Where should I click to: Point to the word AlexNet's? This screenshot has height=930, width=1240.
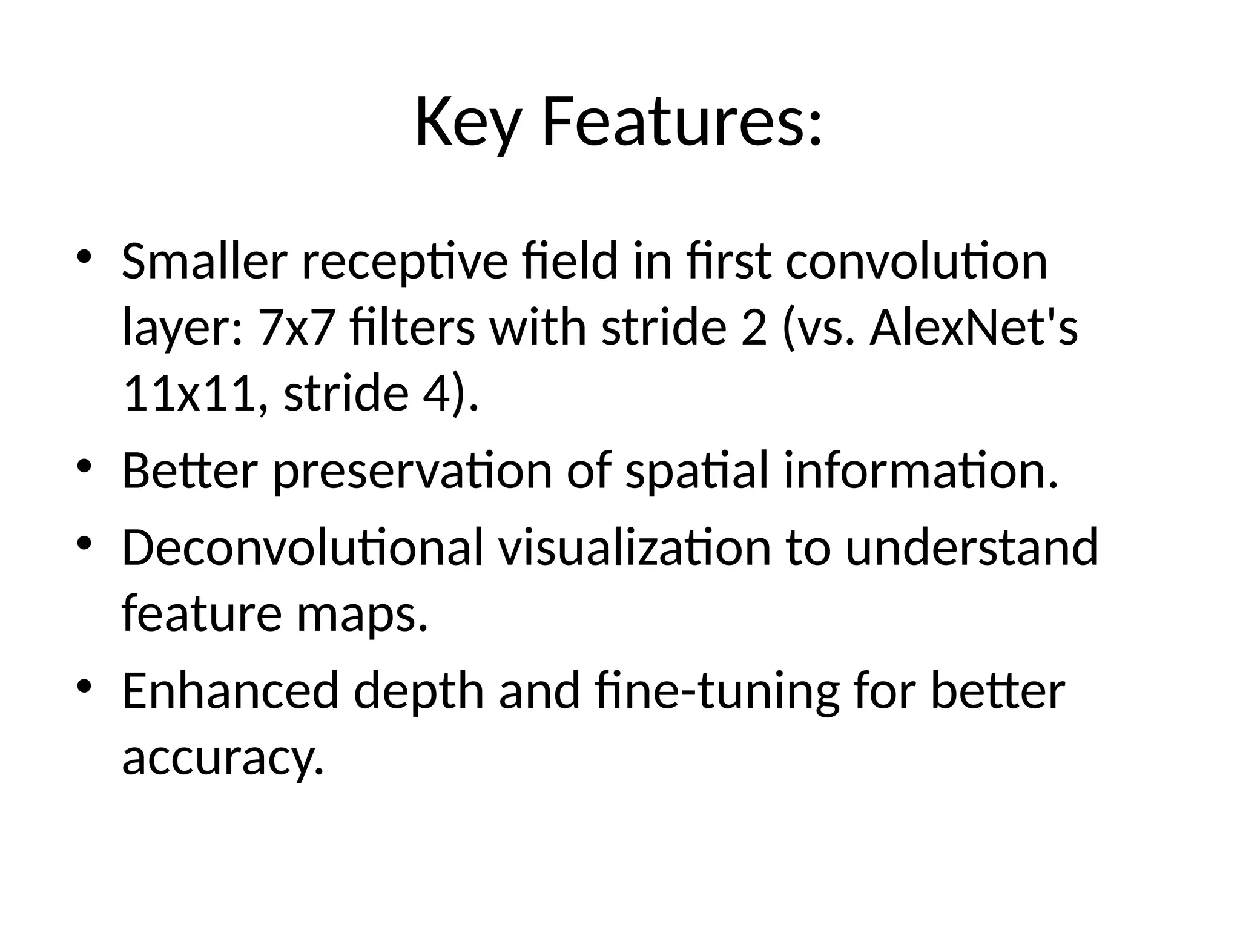[x=974, y=328]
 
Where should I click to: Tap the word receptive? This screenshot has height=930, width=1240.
[x=404, y=263]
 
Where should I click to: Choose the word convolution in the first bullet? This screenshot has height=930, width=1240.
[x=916, y=262]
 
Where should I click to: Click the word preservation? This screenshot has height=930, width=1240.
[x=412, y=471]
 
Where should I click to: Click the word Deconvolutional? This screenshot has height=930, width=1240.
[x=303, y=547]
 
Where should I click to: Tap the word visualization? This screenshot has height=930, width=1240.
[x=635, y=547]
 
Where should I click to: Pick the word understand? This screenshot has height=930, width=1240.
[x=971, y=547]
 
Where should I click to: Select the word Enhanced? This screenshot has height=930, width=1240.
[x=230, y=691]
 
